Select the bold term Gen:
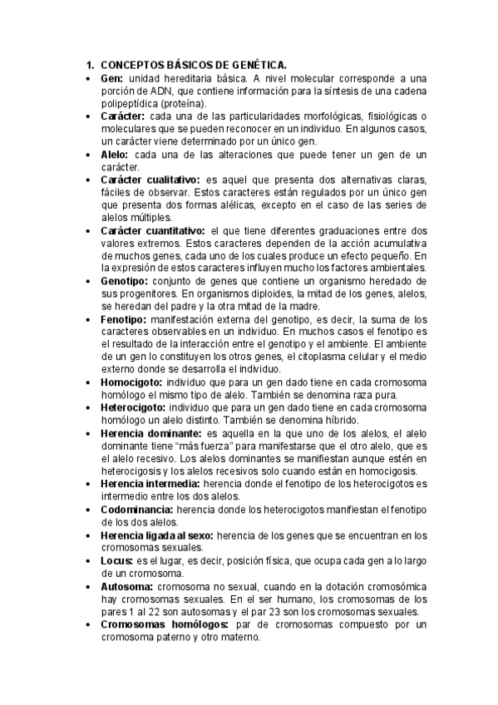(x=112, y=77)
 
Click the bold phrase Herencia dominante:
(x=151, y=433)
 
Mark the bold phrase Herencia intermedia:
(x=151, y=484)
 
